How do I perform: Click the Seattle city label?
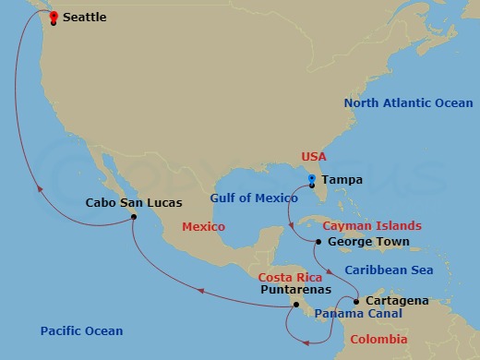pos(84,17)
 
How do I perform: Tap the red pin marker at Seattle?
pos(54,17)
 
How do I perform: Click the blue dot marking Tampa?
pos(312,178)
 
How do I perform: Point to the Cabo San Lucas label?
pos(134,202)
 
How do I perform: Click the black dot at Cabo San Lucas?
pos(135,217)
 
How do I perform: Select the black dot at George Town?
pos(318,242)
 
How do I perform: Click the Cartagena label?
pos(397,301)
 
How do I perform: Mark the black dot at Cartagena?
pos(356,301)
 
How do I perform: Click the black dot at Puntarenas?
pos(296,304)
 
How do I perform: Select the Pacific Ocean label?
pos(81,330)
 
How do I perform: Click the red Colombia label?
pos(378,340)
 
